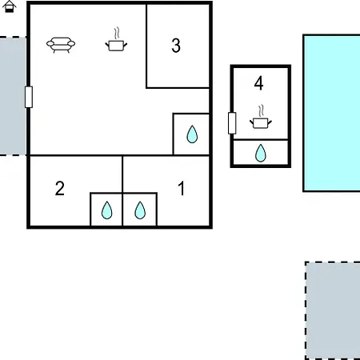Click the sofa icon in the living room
coord(61,45)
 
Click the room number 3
coord(176,46)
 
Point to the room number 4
coord(258,83)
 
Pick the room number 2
coord(60,189)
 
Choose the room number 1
coord(182,189)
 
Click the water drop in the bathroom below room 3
coord(192,134)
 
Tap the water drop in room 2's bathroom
coord(106,210)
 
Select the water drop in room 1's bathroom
coord(140,210)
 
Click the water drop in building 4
coord(261,153)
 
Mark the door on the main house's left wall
coord(29,97)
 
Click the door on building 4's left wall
coord(232,123)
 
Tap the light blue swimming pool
coord(332,113)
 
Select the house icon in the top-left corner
coord(10,6)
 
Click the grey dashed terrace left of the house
coord(13,96)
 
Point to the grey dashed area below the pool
coord(333,310)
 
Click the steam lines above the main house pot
coord(117,34)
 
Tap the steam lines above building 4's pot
coord(261,111)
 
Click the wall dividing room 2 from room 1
coord(122,191)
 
